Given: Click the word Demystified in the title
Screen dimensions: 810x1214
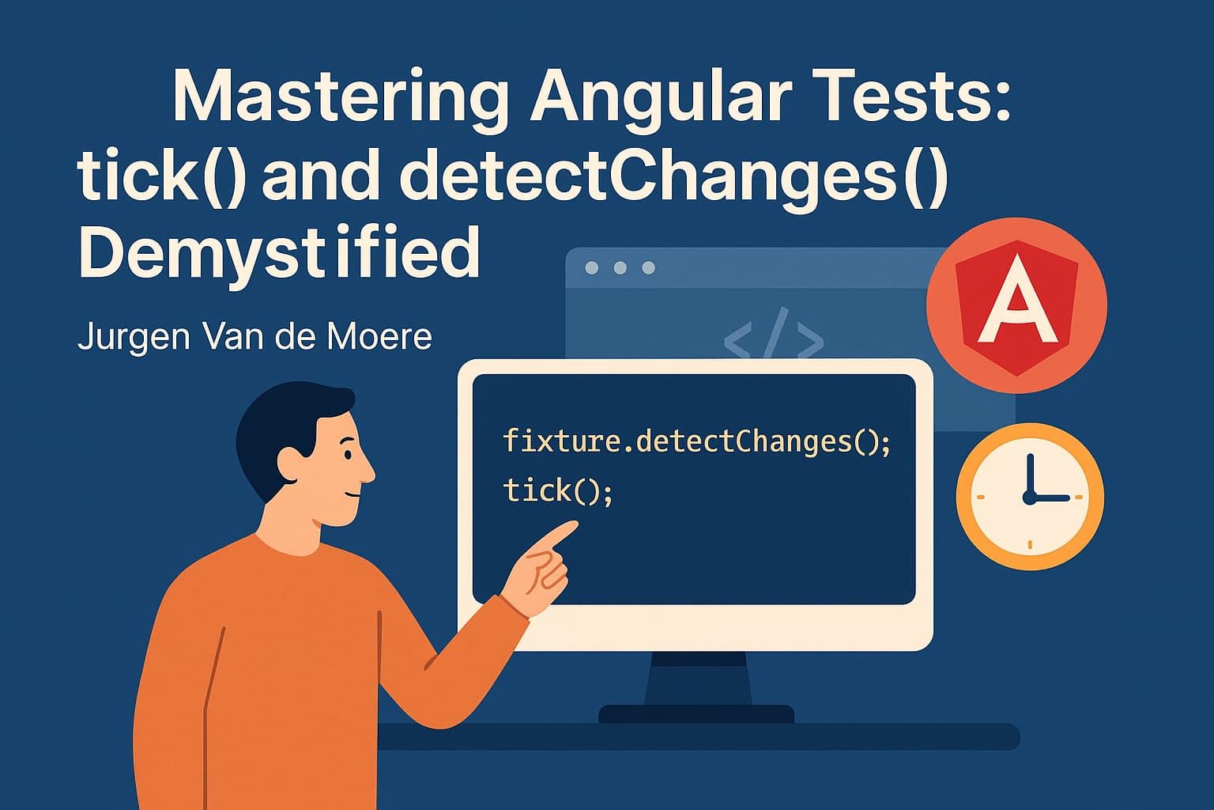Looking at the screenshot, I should coord(279,252).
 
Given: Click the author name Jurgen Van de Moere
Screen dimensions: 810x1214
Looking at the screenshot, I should coord(254,337).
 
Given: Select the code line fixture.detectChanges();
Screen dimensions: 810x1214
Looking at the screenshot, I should coord(696,441).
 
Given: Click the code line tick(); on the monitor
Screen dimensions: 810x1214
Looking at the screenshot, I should coord(558,491).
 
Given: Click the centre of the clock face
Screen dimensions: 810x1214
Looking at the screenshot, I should coord(1029,498).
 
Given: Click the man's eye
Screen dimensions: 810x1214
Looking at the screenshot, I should coord(346,456).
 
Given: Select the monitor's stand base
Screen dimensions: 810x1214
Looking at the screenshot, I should coord(696,714).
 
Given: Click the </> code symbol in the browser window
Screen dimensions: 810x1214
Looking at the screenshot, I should coord(773,334).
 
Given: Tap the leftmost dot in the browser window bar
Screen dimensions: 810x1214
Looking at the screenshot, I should coord(591,268).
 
